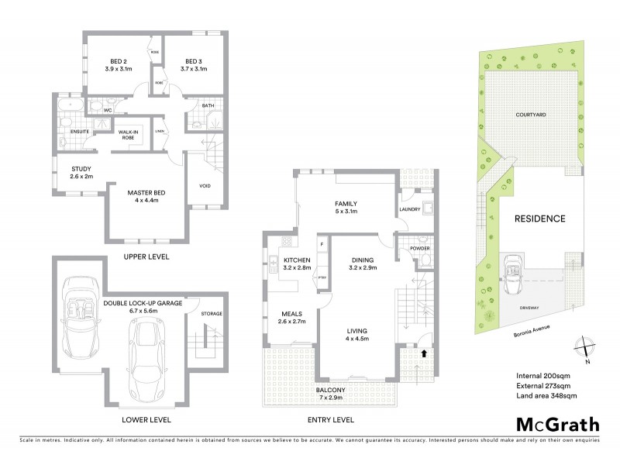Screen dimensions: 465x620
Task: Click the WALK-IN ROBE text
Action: coord(129,134)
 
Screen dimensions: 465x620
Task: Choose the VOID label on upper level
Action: coord(205,185)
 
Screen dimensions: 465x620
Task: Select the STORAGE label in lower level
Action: coord(211,313)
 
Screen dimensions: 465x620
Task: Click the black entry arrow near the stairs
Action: coord(424,353)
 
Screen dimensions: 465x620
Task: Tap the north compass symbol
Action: coord(584,348)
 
